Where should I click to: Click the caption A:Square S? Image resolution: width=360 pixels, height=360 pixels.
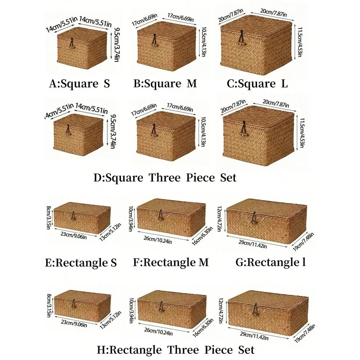[80, 84]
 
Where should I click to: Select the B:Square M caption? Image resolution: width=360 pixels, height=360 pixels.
[165, 84]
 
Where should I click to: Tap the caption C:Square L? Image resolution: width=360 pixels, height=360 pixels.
[257, 84]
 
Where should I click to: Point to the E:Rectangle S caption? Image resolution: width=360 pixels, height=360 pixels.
[81, 262]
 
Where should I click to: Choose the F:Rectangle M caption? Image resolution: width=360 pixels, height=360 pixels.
[171, 262]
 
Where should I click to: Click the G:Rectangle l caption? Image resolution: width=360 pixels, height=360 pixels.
[271, 262]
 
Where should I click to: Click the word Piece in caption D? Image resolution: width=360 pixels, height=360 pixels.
[200, 177]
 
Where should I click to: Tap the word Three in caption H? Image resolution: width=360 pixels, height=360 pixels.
[183, 350]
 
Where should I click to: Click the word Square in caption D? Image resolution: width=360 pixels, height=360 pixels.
[124, 178]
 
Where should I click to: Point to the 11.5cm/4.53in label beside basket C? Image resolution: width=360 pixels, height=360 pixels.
[300, 42]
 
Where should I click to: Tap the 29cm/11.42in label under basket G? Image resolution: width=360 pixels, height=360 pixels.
[253, 244]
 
